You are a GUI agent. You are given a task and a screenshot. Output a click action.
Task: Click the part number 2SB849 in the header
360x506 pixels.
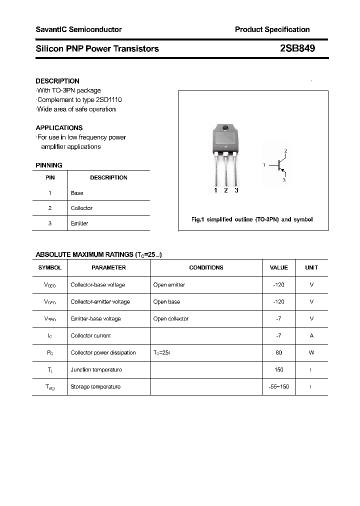pyautogui.click(x=297, y=48)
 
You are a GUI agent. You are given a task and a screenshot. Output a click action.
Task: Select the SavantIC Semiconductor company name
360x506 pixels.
pyautogui.click(x=78, y=29)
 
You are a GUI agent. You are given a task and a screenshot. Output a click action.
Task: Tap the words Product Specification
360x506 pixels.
pyautogui.click(x=272, y=29)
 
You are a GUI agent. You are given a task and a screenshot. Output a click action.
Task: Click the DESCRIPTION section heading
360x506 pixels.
pyautogui.click(x=57, y=81)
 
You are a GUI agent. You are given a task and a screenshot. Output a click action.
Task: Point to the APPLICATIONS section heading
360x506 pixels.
pyautogui.click(x=59, y=128)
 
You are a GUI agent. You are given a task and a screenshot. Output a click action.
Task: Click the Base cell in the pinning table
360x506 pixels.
pyautogui.click(x=77, y=193)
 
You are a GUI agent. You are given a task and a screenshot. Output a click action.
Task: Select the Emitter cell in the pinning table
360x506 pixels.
pyautogui.click(x=79, y=223)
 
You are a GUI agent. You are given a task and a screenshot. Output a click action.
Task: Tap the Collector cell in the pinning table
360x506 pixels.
pyautogui.click(x=81, y=208)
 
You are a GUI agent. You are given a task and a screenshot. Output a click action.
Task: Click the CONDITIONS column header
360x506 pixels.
pyautogui.click(x=206, y=267)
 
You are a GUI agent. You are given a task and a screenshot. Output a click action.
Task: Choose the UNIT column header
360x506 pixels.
pyautogui.click(x=311, y=267)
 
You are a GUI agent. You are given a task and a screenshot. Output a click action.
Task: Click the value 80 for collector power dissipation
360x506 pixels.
pyautogui.click(x=278, y=352)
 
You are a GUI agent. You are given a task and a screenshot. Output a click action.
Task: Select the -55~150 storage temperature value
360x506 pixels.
pyautogui.click(x=278, y=386)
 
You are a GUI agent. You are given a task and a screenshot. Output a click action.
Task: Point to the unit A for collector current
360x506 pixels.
pyautogui.click(x=311, y=335)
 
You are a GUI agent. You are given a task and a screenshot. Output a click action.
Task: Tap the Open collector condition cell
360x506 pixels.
pyautogui.click(x=171, y=318)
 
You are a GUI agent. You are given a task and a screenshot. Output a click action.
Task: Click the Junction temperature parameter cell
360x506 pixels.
pyautogui.click(x=96, y=369)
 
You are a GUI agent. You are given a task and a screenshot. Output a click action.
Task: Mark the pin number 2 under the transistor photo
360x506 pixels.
pyautogui.click(x=226, y=190)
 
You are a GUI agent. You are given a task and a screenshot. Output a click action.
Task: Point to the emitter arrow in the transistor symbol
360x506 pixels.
pyautogui.click(x=282, y=171)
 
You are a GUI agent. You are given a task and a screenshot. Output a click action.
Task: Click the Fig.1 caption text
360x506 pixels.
pyautogui.click(x=252, y=219)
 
